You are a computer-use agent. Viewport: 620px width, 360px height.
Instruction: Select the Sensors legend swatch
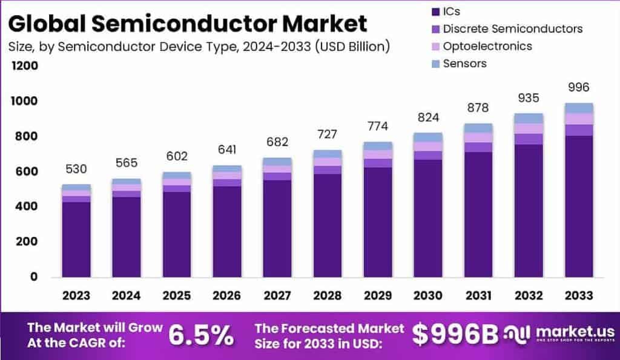pyautogui.click(x=435, y=64)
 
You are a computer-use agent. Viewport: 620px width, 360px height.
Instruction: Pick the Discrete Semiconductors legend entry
pyautogui.click(x=512, y=28)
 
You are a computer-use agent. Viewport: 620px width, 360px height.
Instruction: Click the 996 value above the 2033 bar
pyautogui.click(x=578, y=88)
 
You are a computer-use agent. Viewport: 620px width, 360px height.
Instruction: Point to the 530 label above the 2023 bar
pyautogui.click(x=76, y=169)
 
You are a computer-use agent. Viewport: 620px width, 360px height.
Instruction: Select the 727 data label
pyautogui.click(x=327, y=134)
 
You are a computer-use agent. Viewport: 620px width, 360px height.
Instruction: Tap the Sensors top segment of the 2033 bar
pyautogui.click(x=578, y=108)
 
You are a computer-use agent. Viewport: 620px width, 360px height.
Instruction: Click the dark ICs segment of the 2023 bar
pyautogui.click(x=76, y=239)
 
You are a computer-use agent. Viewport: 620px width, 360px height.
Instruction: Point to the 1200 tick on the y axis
pyautogui.click(x=24, y=65)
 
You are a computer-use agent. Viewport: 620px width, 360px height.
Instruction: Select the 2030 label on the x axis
pyautogui.click(x=427, y=295)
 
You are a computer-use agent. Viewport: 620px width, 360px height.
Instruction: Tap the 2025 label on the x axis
pyautogui.click(x=176, y=295)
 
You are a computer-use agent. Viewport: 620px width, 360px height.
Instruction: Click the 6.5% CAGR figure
pyautogui.click(x=200, y=334)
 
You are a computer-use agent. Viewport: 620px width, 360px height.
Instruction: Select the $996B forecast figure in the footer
pyautogui.click(x=455, y=334)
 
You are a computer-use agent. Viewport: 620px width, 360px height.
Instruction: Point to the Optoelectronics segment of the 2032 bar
pyautogui.click(x=528, y=128)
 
